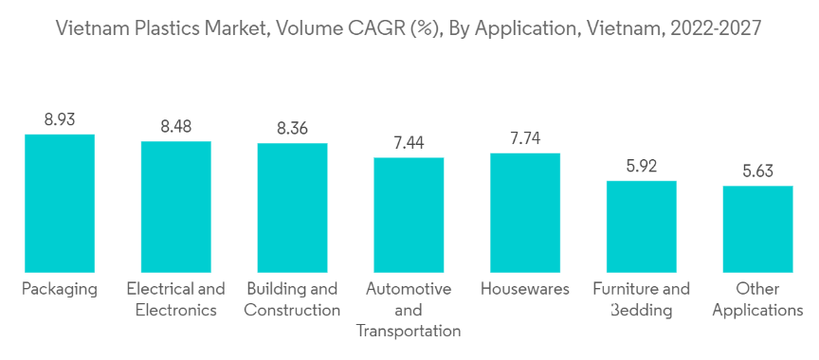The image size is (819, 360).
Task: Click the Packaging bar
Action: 60,204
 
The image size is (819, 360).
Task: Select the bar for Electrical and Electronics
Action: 176,207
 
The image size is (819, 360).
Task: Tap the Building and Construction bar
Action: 293,207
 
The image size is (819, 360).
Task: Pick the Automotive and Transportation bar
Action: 409,215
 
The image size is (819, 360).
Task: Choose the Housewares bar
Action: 525,213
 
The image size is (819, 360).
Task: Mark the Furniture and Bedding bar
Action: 642,226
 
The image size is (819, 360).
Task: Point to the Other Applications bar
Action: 758,229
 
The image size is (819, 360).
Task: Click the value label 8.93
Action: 60,119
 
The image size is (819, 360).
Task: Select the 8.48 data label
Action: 176,126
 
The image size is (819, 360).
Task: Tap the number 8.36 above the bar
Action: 293,128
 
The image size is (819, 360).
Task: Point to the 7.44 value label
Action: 409,143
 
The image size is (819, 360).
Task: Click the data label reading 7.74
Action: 525,138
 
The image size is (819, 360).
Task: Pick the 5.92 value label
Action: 642,166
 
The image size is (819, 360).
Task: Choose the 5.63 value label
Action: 758,171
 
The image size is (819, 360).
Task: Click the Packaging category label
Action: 60,290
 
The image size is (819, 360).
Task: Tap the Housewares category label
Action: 525,289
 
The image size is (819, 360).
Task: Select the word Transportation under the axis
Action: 409,332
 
